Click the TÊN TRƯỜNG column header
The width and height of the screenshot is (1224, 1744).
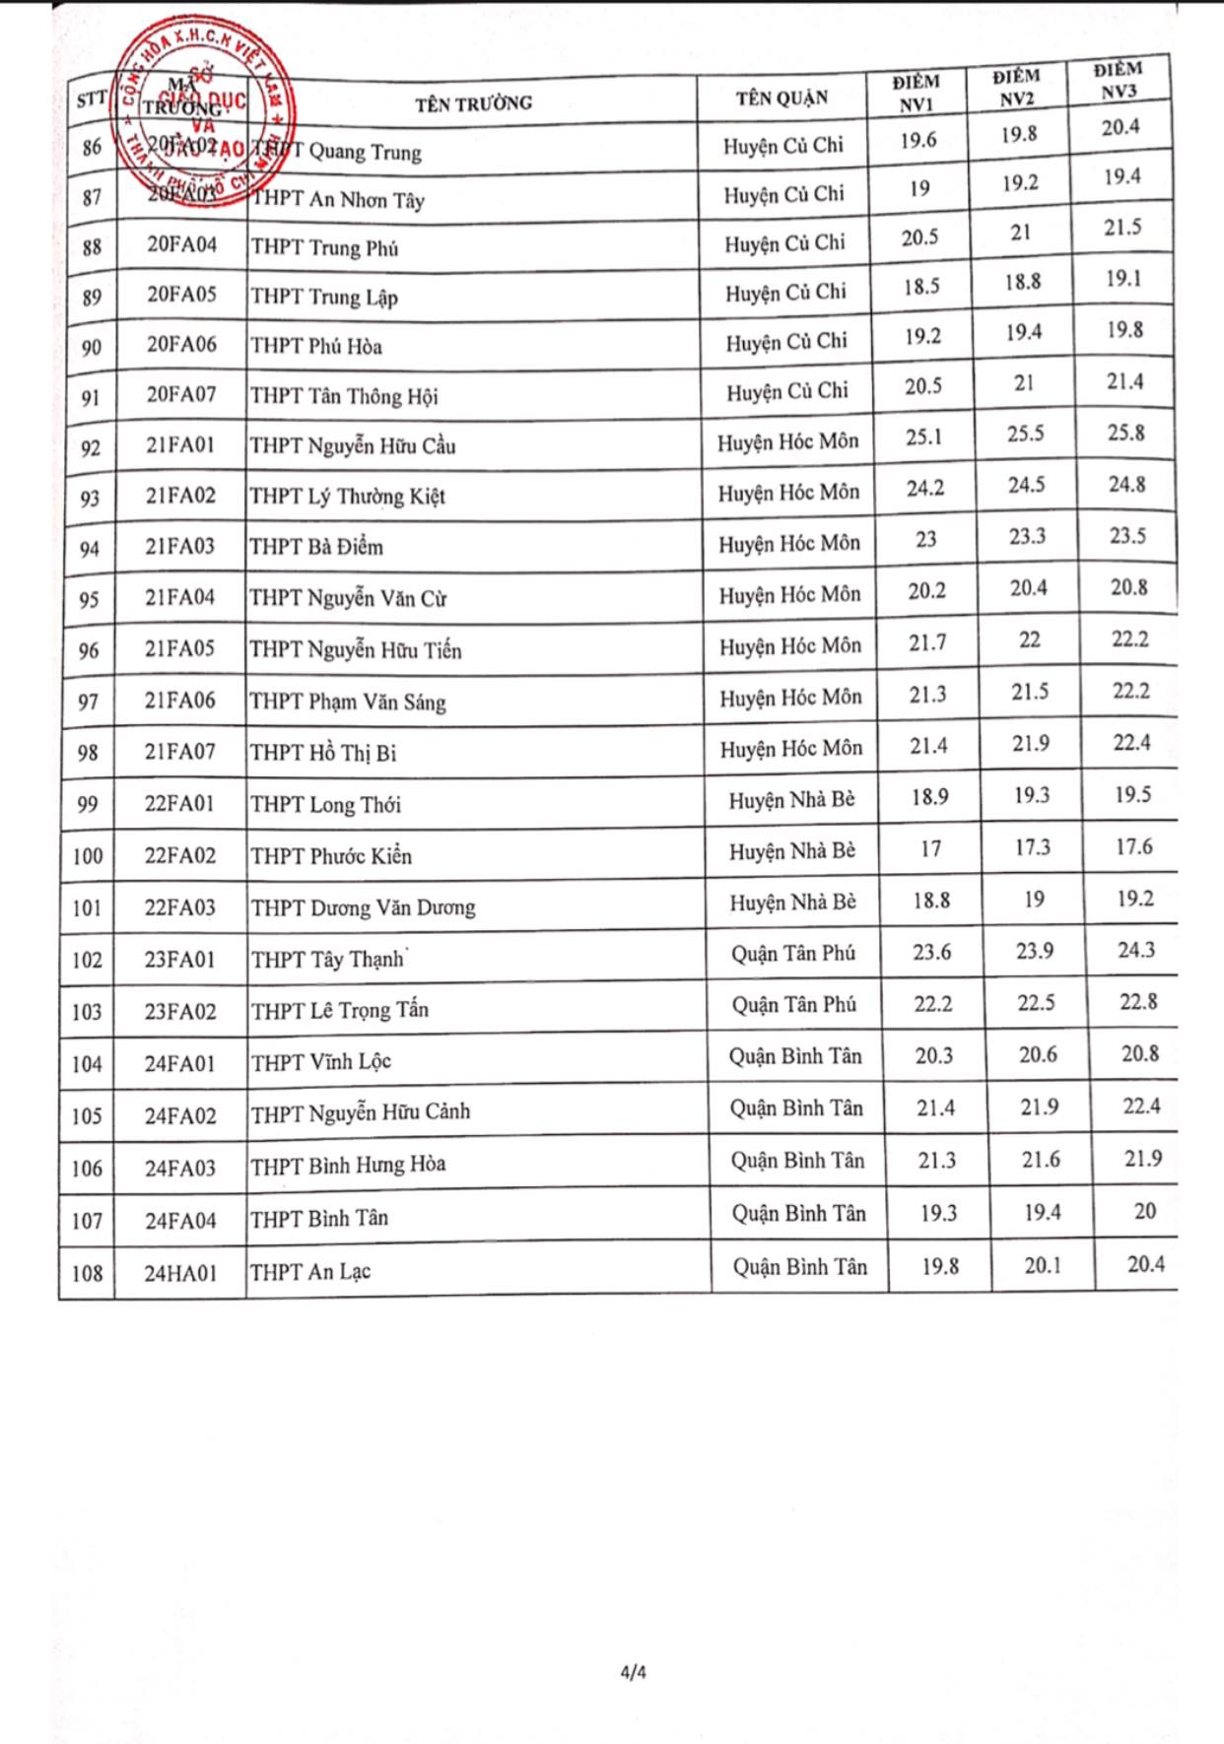473,102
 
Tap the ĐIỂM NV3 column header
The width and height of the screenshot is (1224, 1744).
1119,80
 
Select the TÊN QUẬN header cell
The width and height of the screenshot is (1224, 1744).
782,98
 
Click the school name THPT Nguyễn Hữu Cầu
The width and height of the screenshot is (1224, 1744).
353,446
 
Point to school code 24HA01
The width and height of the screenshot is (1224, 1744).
180,1272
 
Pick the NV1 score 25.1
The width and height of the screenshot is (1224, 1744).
923,436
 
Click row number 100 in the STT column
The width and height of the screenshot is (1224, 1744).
88,855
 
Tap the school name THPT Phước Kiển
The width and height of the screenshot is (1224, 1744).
331,855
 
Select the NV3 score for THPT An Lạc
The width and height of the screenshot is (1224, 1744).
1145,1264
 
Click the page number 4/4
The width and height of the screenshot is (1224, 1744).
634,1672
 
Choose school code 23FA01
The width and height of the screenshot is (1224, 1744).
179,959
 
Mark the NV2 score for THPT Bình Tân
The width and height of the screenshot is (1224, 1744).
1042,1212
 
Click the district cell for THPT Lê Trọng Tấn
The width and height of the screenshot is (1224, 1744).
793,1005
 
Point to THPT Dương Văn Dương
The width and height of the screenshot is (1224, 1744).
363,907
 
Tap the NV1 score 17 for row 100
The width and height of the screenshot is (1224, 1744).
930,848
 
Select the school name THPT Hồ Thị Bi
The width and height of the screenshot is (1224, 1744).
323,753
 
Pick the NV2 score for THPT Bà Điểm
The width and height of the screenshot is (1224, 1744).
1027,537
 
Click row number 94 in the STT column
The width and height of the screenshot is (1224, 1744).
90,548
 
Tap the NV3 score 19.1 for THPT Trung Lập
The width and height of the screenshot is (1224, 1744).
1122,279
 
